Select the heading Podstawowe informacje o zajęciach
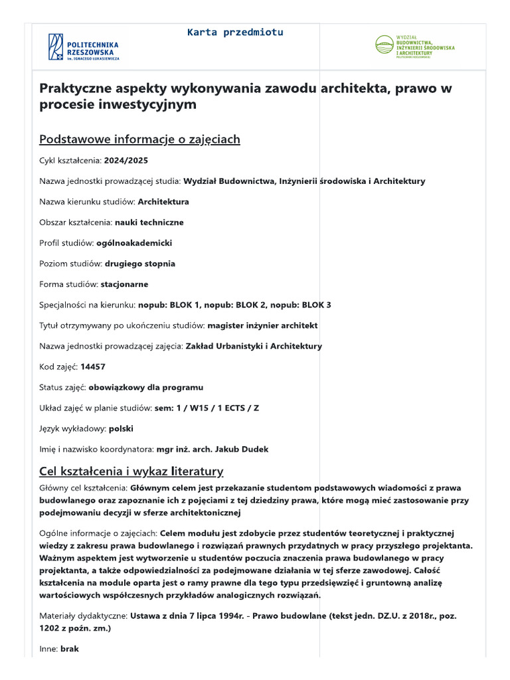(139, 139)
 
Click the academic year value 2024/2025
(126, 160)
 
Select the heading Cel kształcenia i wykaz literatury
(131, 471)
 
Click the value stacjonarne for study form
(124, 284)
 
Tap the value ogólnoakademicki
(134, 243)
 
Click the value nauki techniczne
(149, 222)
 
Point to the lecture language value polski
(121, 428)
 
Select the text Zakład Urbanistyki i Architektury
(254, 346)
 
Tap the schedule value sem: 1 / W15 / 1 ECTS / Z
(207, 408)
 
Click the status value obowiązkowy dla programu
(146, 387)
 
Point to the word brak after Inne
(69, 649)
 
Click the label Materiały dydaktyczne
(84, 616)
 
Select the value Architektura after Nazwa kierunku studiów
(163, 201)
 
